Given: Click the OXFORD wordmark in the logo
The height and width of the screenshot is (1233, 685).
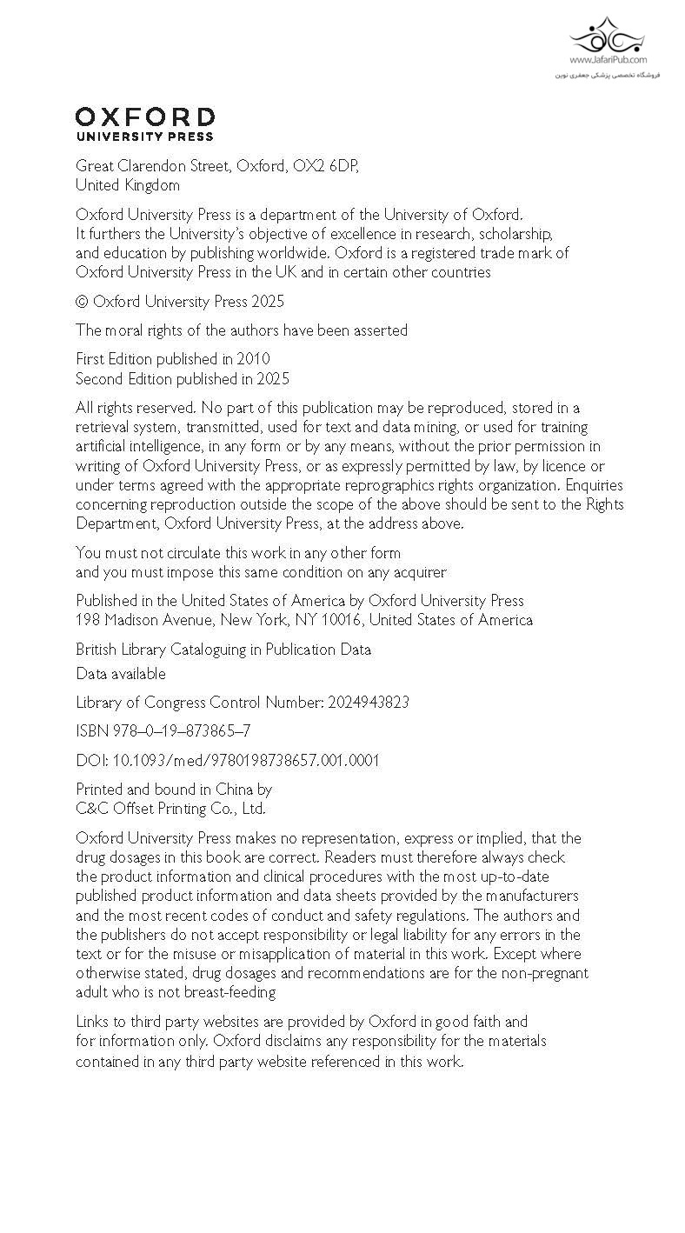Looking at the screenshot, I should click(144, 118).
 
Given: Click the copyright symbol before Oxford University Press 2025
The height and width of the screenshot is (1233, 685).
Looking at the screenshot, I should click(82, 302).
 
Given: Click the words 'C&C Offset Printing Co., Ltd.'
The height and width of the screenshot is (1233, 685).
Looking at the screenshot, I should click(170, 809).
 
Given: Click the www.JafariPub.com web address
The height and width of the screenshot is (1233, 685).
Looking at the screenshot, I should click(609, 60).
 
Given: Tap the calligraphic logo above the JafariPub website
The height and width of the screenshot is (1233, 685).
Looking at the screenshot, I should click(608, 36).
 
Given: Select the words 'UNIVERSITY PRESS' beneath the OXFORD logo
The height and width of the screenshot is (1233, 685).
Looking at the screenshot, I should click(144, 137).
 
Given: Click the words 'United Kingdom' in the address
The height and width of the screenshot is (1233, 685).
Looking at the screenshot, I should click(128, 185).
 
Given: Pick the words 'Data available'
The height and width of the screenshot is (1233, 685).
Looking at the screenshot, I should click(120, 674).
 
